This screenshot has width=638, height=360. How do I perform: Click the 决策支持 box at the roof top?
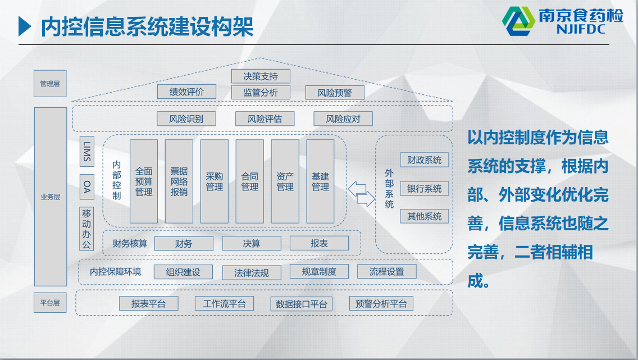click(261, 76)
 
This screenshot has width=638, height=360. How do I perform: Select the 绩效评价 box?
click(187, 92)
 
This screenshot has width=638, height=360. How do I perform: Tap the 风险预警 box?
click(335, 93)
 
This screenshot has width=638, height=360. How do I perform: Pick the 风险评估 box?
click(265, 119)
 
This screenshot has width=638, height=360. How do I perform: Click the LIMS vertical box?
click(86, 151)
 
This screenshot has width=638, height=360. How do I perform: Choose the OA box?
click(86, 186)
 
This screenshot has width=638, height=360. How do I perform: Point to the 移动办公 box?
click(86, 229)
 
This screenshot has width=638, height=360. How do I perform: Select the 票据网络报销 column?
click(179, 181)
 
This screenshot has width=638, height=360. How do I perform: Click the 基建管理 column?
click(320, 181)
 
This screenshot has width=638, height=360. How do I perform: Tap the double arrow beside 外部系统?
click(361, 194)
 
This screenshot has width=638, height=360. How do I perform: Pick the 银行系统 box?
click(425, 188)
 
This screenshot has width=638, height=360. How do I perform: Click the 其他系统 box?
click(425, 216)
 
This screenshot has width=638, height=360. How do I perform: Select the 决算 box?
click(252, 243)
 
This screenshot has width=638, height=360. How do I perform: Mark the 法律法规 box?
click(252, 272)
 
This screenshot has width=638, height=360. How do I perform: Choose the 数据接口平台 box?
click(302, 304)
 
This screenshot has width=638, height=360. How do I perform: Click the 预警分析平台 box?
click(381, 303)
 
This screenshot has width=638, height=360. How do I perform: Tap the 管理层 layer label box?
click(50, 83)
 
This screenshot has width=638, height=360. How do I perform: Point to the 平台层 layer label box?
click(50, 303)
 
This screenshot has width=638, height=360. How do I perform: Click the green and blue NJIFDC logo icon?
click(518, 21)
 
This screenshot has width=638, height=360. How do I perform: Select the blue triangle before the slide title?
click(25, 26)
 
